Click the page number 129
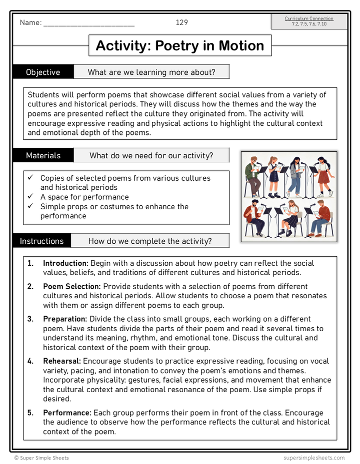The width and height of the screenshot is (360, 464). (x=181, y=22)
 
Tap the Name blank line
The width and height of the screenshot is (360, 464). (x=89, y=23)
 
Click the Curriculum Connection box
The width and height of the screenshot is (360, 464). (x=309, y=21)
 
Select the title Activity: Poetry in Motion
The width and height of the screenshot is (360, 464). (x=180, y=45)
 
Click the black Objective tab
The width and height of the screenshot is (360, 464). (x=43, y=72)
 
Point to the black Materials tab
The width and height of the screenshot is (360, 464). (x=43, y=155)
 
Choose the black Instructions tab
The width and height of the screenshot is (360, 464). (x=41, y=241)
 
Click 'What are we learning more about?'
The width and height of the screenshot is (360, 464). (x=151, y=72)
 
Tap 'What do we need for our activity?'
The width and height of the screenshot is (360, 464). (x=151, y=155)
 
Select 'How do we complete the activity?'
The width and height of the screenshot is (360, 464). (x=150, y=241)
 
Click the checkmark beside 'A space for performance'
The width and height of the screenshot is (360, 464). (x=30, y=197)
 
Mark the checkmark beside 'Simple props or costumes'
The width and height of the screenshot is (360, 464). (x=30, y=206)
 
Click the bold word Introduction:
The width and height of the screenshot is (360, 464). (x=65, y=263)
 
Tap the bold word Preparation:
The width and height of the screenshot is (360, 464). (x=65, y=319)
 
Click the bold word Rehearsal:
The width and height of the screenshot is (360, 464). (x=62, y=361)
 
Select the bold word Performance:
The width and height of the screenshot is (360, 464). (x=67, y=413)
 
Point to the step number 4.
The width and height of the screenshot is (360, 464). (x=30, y=361)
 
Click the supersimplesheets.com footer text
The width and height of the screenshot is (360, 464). (x=313, y=458)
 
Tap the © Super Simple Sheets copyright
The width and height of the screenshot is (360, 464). (x=41, y=458)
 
